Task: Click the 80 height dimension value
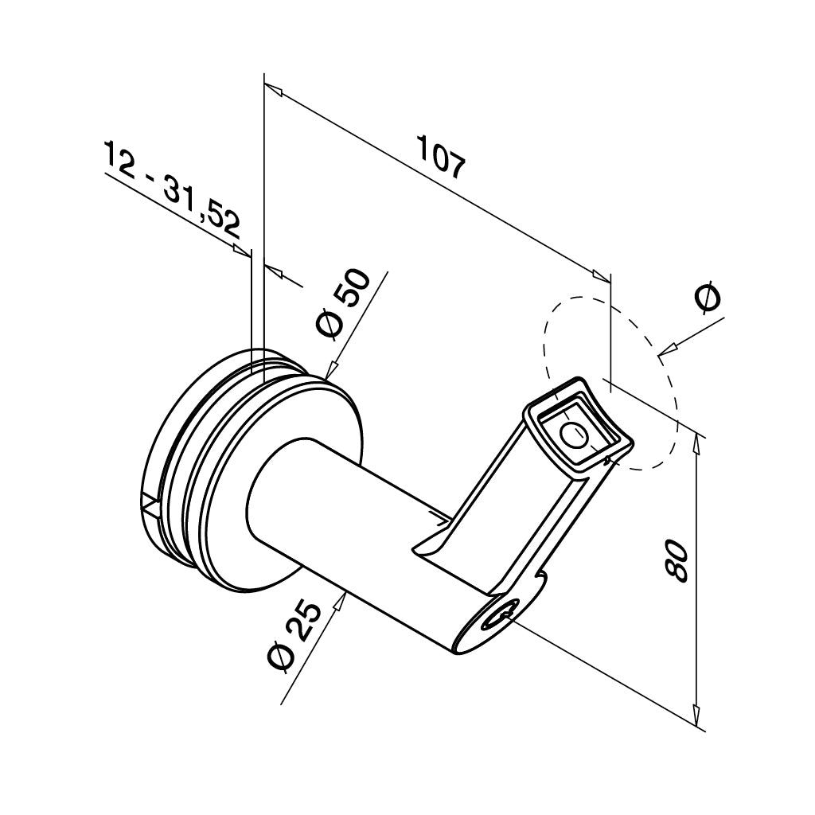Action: coord(676,560)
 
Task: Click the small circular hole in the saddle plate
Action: coord(573,435)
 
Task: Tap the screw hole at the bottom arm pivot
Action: coord(501,614)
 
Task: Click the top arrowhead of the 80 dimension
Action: coord(697,441)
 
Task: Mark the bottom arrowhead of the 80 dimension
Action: coord(697,708)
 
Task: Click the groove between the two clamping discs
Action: coord(188,478)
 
